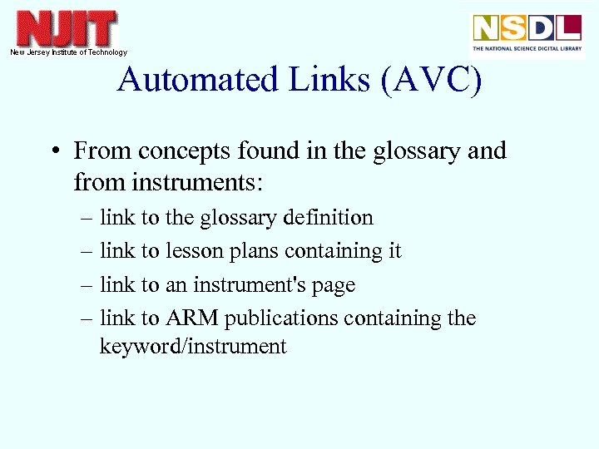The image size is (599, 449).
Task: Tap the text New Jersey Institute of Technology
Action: coord(68,52)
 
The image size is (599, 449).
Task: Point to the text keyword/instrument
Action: coord(193,347)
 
